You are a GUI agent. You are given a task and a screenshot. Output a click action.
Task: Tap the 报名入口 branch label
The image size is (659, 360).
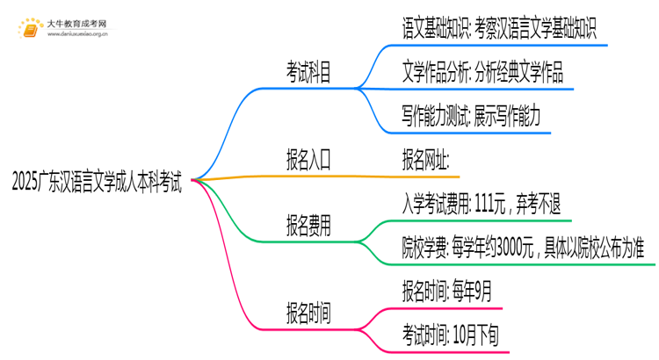pos(308,160)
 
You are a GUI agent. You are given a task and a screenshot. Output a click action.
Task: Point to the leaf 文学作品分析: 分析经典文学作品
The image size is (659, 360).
pos(482,74)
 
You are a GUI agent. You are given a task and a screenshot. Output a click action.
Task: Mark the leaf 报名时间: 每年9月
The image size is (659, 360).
pos(446,289)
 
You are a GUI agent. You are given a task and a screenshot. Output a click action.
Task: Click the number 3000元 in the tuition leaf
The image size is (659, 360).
pos(525,246)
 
